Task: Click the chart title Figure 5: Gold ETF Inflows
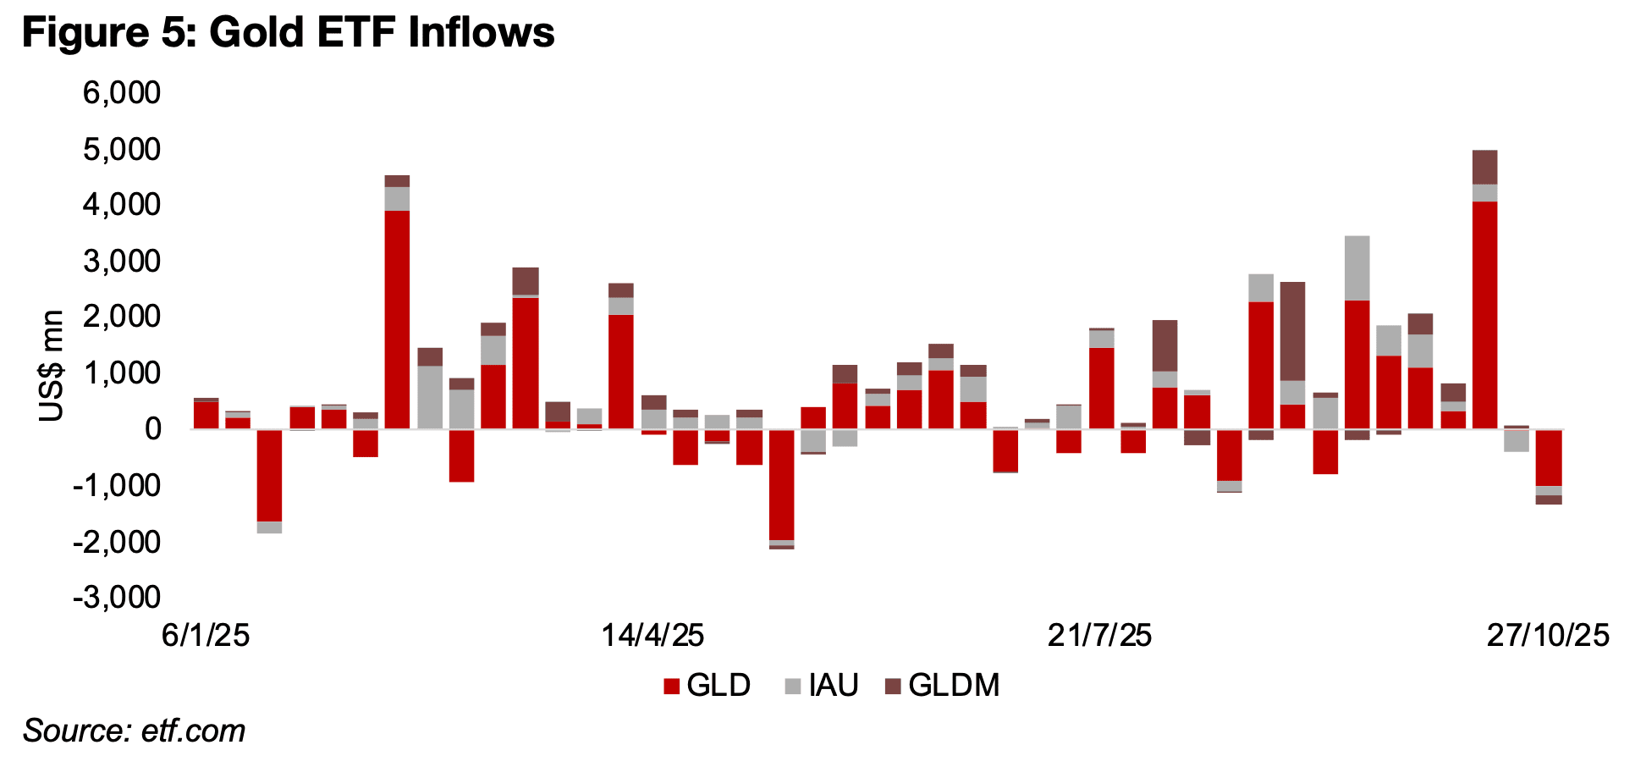pos(288,33)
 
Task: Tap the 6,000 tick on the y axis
pos(122,92)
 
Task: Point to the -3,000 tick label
pos(117,598)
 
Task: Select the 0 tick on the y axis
pos(152,429)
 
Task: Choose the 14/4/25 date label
pos(652,635)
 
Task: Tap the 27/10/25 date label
pos(1548,635)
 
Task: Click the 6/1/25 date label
pos(206,635)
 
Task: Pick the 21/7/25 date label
pos(1099,635)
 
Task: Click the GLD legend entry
pos(707,685)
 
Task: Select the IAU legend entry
pos(822,685)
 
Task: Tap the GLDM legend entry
pos(942,685)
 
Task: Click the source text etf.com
pos(134,731)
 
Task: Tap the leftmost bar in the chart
pos(206,415)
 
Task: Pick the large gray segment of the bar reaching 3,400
pos(1357,268)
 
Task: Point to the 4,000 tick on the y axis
pos(122,205)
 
